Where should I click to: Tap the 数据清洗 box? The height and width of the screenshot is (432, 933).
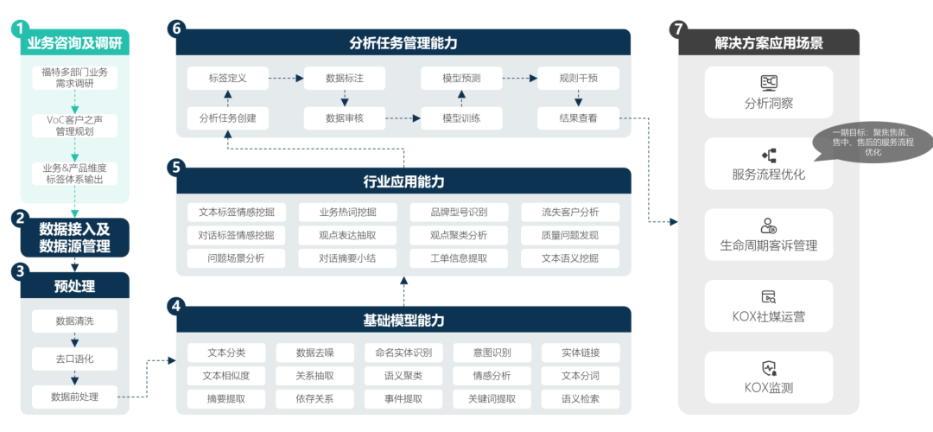[x=74, y=321]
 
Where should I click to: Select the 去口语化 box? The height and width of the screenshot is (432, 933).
[x=74, y=358]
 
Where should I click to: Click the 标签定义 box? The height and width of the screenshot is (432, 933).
[x=228, y=79]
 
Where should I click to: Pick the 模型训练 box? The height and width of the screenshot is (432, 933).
[x=461, y=118]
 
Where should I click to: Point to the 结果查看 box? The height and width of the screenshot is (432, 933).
[x=578, y=118]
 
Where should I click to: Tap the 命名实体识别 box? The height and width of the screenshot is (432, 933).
[x=403, y=353]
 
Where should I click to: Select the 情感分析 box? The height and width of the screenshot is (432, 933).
[x=492, y=376]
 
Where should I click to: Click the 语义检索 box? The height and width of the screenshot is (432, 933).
[x=580, y=398]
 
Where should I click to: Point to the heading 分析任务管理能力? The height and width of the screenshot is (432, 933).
[x=403, y=42]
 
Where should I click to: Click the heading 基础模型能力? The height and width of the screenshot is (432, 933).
[x=403, y=321]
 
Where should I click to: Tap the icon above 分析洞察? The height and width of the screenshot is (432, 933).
[x=768, y=82]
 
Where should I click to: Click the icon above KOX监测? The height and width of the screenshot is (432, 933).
[x=768, y=367]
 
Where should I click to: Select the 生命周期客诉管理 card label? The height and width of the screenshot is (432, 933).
[x=768, y=245]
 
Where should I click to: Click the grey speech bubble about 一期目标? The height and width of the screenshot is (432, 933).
[x=873, y=141]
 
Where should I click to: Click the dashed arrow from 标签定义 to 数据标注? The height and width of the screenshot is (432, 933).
[x=285, y=79]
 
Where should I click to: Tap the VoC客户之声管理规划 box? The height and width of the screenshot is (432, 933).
[x=74, y=125]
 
